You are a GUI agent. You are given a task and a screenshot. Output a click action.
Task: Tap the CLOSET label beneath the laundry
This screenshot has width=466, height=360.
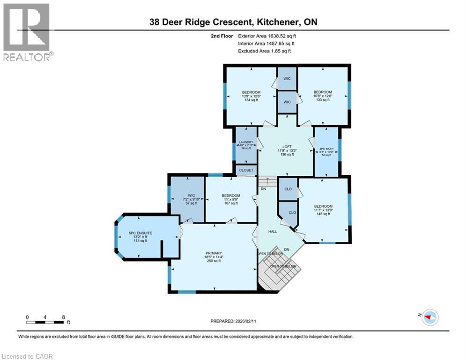tap(246, 170)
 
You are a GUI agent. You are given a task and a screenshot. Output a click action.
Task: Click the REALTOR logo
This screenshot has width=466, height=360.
tap(27, 31)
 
